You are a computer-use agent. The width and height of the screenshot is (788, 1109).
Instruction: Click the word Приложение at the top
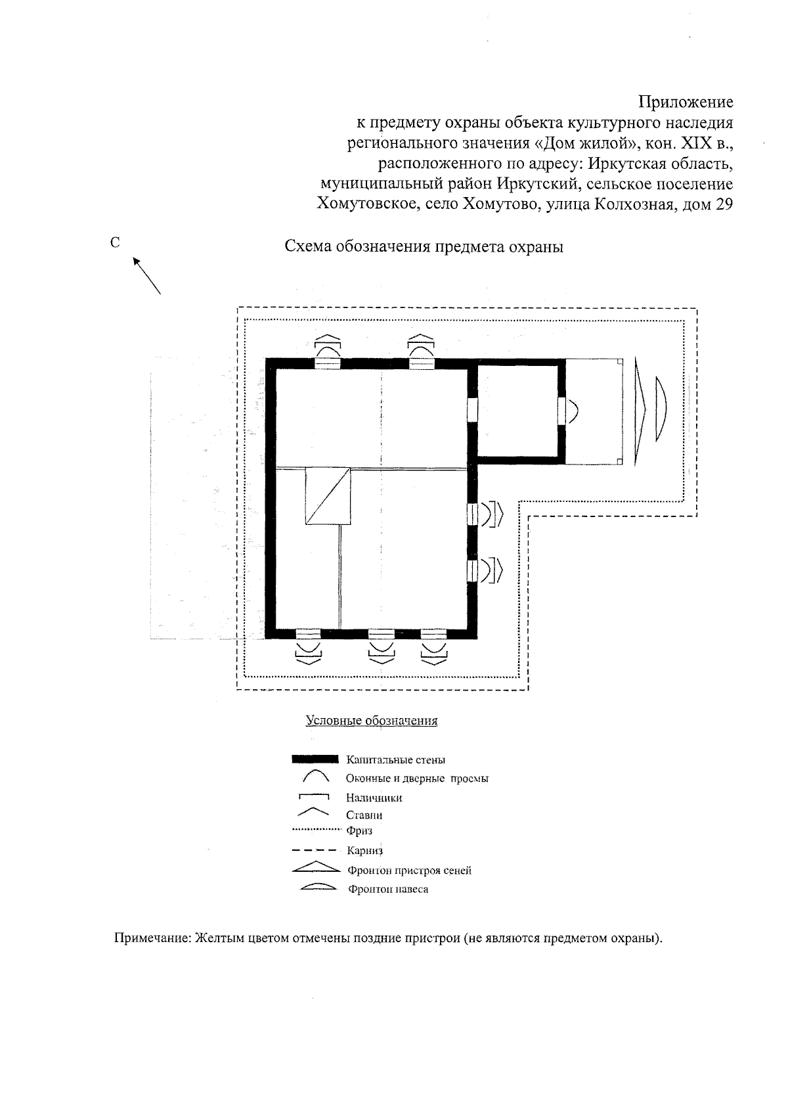coord(686,102)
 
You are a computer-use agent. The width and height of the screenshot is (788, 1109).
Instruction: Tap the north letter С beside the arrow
coord(115,242)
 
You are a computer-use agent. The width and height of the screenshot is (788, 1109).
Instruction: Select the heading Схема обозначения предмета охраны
coord(424,247)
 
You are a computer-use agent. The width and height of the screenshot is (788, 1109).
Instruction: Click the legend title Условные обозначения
coord(372,721)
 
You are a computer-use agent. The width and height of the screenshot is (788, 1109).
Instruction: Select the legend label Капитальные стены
coord(395,760)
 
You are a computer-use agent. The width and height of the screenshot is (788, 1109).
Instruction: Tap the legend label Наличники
coord(374,798)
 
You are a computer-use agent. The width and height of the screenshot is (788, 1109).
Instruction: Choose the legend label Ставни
coord(364,815)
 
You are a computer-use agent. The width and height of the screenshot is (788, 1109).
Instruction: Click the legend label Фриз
coord(359,831)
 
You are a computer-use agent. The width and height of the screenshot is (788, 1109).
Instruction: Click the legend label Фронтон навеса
coord(388,890)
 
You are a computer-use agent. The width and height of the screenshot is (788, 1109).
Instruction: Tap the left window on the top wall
coord(328,363)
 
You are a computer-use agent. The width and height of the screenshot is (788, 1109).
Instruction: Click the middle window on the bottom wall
coord(381,634)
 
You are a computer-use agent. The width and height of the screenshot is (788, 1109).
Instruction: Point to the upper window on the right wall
coord(472,514)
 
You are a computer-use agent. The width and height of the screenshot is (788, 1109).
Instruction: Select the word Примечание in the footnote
coord(152,938)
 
